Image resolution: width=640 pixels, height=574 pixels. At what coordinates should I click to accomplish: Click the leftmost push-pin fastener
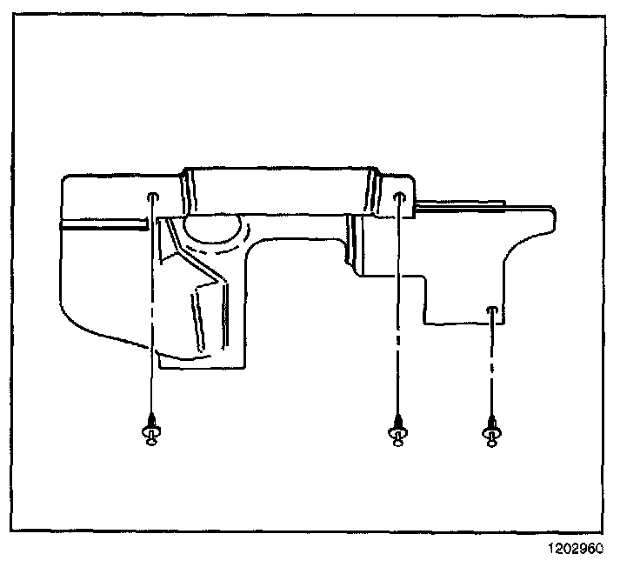click(x=152, y=430)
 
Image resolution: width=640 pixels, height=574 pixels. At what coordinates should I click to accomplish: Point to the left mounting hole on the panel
click(x=152, y=197)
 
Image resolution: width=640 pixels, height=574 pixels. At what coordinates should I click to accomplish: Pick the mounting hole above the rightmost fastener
click(x=492, y=310)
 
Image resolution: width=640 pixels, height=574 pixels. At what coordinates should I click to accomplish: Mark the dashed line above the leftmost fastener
click(x=152, y=304)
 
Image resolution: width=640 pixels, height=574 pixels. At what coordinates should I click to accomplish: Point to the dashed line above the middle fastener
click(x=398, y=304)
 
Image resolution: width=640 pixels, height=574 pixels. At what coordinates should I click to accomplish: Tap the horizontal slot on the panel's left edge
click(x=100, y=224)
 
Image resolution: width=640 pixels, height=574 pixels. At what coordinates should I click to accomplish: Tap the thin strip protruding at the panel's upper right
click(x=461, y=205)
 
